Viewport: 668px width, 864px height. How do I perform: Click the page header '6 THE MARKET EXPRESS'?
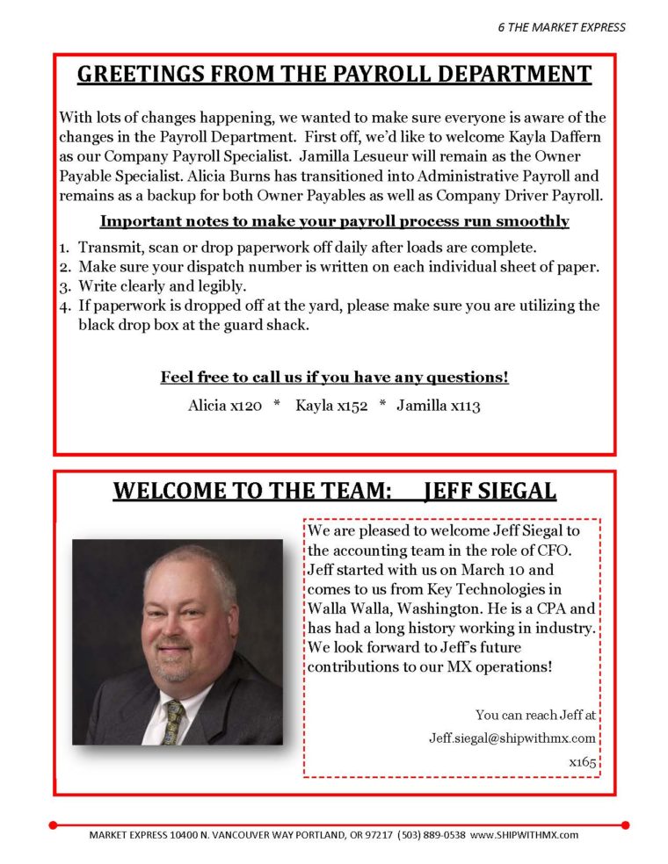click(561, 26)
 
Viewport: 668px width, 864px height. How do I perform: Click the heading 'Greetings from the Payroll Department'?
click(334, 74)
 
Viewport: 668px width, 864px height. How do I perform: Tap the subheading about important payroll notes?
click(334, 221)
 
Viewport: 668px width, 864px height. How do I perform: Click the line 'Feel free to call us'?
click(334, 378)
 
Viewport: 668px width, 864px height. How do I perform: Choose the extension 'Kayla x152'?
click(331, 406)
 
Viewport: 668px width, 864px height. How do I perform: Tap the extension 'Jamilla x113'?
click(439, 406)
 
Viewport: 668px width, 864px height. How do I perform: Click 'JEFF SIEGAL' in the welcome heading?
click(490, 491)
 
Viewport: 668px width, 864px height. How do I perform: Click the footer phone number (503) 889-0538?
click(432, 835)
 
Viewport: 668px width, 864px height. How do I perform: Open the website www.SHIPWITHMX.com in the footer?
click(525, 835)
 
